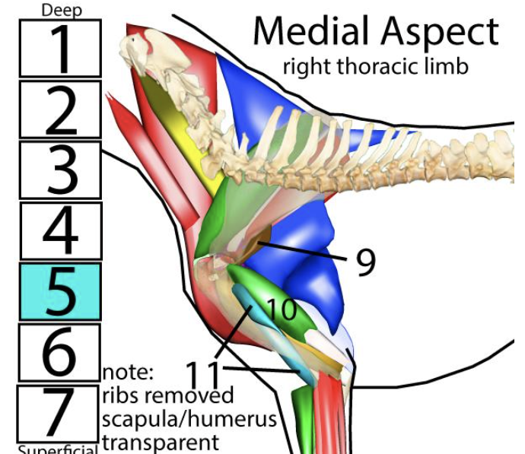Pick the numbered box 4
(x=61, y=230)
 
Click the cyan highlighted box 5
(x=61, y=291)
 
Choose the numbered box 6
(x=59, y=352)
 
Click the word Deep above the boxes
(x=61, y=10)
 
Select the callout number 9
(x=365, y=262)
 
